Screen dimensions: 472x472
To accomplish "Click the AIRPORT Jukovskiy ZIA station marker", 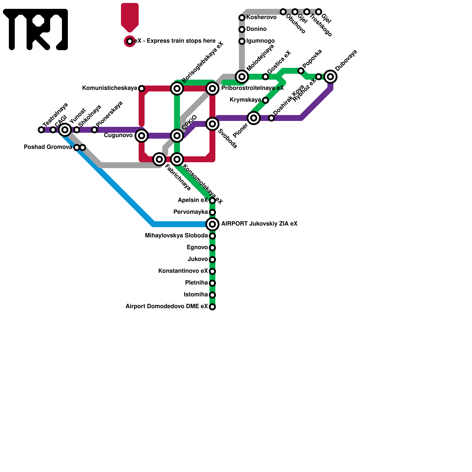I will [x=212, y=224].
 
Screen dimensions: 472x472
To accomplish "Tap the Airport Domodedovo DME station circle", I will [x=212, y=307].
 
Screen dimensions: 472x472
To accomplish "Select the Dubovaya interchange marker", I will [x=331, y=77].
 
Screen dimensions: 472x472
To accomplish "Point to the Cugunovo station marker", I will [x=142, y=136].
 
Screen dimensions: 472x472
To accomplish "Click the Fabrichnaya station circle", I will [x=159, y=159].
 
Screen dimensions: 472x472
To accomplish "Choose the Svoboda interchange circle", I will [x=212, y=124].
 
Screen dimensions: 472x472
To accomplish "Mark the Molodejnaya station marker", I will [x=242, y=77].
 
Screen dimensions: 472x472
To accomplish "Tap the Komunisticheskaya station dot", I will [x=142, y=88].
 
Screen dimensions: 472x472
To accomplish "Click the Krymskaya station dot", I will [x=265, y=100].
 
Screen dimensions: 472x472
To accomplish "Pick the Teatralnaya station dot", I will [x=41, y=130].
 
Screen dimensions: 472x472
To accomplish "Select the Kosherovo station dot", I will [x=242, y=18].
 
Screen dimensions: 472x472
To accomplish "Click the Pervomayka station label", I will [x=191, y=212].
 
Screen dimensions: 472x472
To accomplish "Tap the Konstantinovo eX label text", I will [x=183, y=271].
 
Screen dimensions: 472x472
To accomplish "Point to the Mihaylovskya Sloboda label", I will [x=176, y=236].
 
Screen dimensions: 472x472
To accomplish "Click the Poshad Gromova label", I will [x=48, y=147].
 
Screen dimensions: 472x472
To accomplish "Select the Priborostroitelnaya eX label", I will [x=252, y=88].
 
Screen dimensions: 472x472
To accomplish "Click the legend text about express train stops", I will [x=175, y=41].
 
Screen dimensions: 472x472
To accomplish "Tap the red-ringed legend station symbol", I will [x=130, y=41].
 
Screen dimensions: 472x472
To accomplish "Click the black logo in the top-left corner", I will [x=35, y=29].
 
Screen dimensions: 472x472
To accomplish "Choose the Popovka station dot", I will [x=301, y=71].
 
